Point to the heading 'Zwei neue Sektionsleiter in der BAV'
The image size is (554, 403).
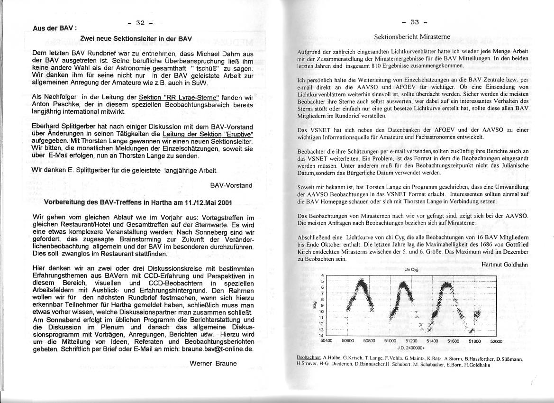(136, 39)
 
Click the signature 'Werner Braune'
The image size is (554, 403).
(213, 364)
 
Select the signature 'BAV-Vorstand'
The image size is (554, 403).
(231, 185)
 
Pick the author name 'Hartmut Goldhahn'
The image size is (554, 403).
(504, 265)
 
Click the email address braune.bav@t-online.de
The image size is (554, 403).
(213, 349)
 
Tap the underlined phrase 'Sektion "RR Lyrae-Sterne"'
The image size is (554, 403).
(175, 98)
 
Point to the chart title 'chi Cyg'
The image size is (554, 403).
(410, 270)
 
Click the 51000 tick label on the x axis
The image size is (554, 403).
(390, 341)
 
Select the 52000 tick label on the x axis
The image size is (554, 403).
(496, 341)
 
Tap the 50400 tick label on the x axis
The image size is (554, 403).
(327, 341)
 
